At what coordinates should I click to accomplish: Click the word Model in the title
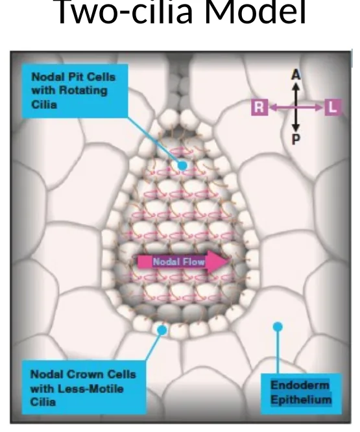[x=256, y=12]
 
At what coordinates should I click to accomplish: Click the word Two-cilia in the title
[x=125, y=12]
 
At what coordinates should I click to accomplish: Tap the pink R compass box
[x=259, y=107]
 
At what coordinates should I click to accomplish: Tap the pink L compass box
[x=333, y=106]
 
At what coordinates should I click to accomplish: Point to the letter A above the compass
[x=296, y=75]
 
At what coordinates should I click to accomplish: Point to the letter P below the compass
[x=296, y=139]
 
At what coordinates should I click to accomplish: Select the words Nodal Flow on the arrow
[x=179, y=262]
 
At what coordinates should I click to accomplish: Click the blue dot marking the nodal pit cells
[x=182, y=165]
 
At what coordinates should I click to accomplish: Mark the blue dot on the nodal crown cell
[x=162, y=330]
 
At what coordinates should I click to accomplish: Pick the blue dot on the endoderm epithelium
[x=278, y=327]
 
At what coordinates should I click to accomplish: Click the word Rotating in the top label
[x=83, y=91]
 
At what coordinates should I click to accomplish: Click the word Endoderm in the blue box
[x=300, y=385]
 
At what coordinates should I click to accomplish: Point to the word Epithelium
[x=301, y=400]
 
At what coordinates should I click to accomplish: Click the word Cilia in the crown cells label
[x=43, y=402]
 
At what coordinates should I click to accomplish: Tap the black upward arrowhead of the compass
[x=296, y=86]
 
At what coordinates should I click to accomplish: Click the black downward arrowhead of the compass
[x=296, y=127]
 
